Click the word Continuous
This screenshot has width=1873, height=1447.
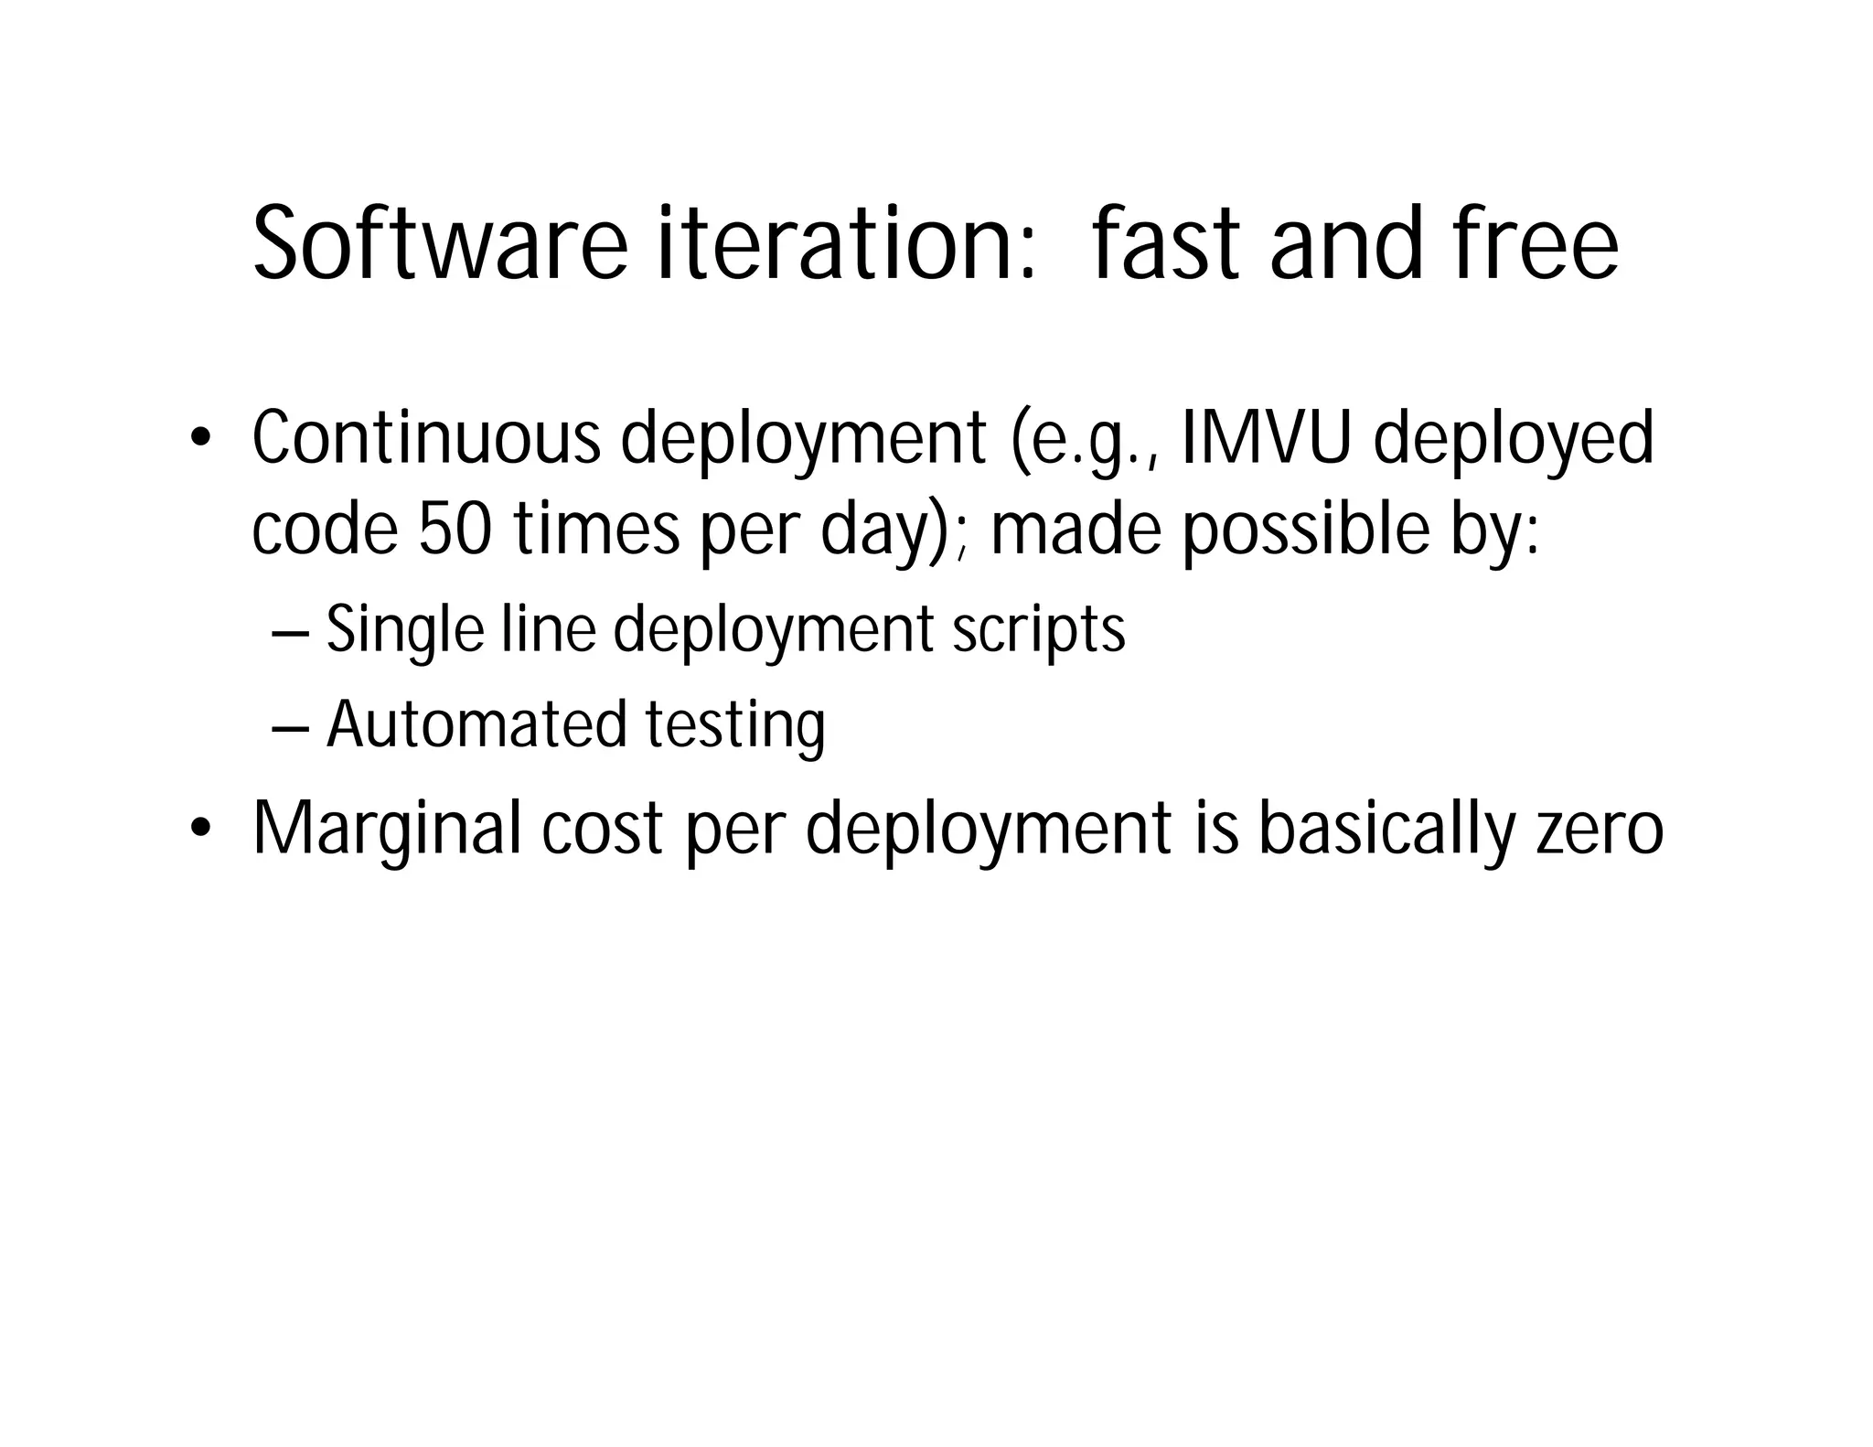(426, 439)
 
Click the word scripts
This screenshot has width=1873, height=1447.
(1038, 632)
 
